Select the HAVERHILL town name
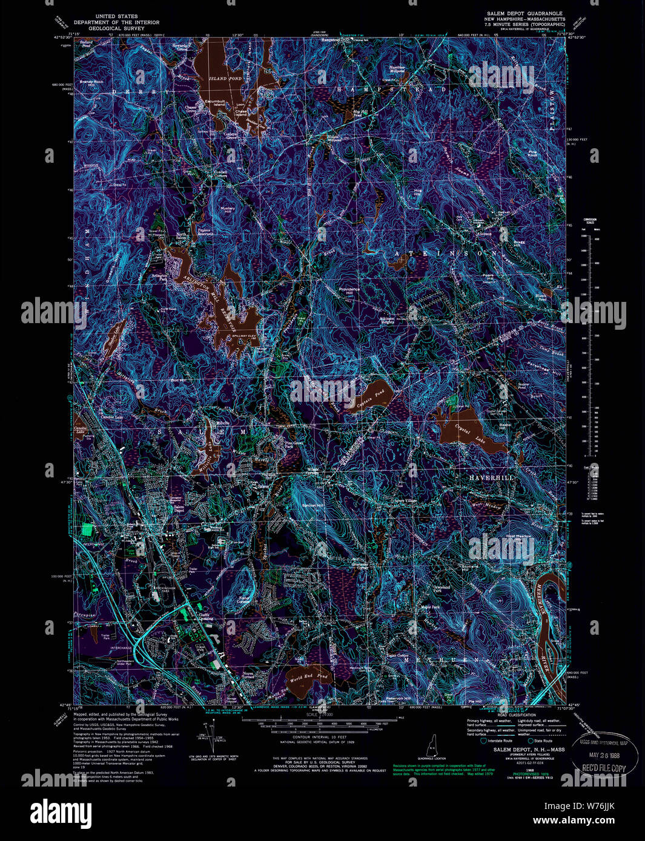(x=491, y=477)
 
